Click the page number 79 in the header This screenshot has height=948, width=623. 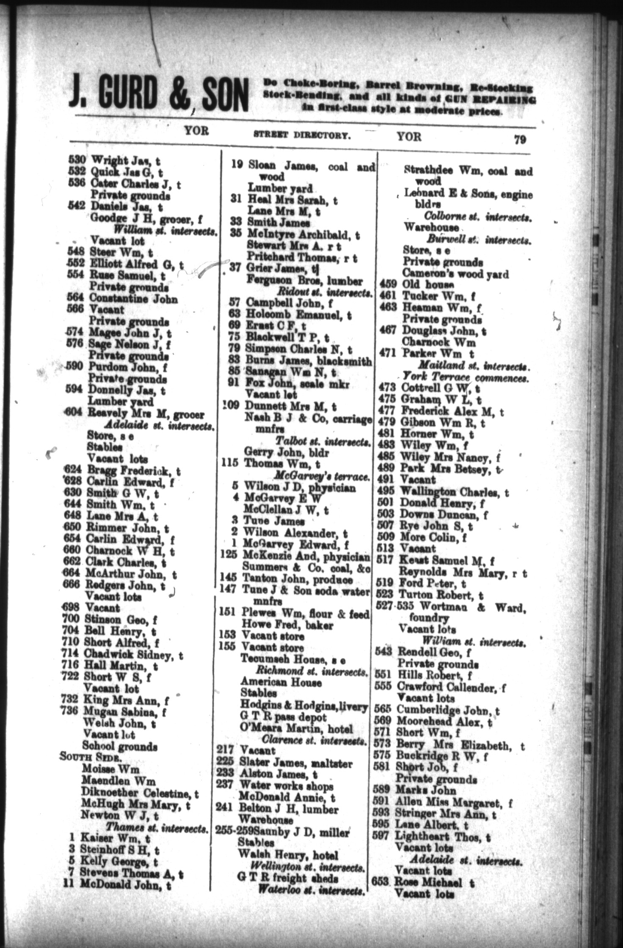(x=520, y=139)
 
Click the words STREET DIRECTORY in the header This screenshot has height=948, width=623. (x=301, y=136)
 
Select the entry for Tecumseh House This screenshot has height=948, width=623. (x=292, y=660)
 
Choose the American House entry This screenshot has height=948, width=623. (x=281, y=682)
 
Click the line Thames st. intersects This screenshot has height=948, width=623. (x=157, y=827)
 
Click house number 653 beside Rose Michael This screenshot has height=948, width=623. (x=380, y=882)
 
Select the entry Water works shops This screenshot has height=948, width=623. (x=287, y=786)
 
